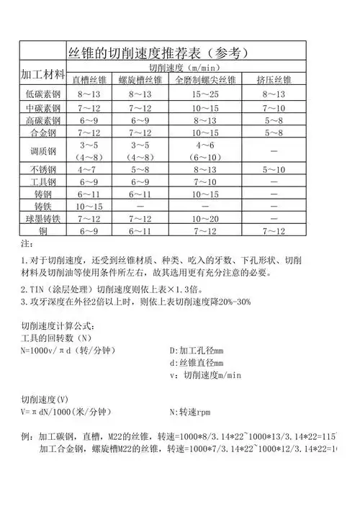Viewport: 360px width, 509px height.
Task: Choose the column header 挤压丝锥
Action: (274, 79)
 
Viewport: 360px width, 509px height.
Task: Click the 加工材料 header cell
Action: (40, 75)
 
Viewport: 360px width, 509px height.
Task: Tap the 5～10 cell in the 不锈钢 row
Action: (274, 170)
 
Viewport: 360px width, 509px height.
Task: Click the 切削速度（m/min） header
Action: (187, 67)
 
